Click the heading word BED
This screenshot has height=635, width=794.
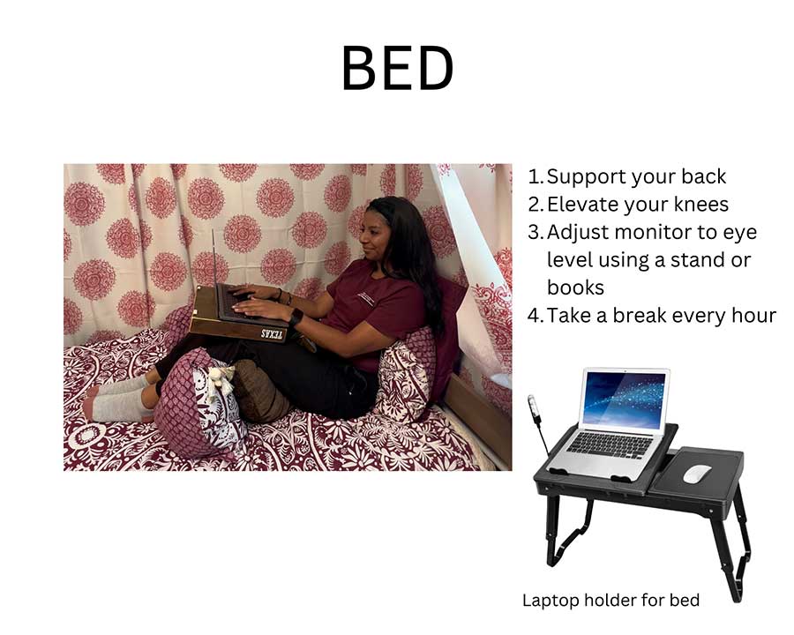click(397, 68)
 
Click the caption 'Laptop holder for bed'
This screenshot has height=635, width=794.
click(610, 601)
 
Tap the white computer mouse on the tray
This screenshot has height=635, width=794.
click(696, 473)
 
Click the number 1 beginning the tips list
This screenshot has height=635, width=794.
click(535, 176)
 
